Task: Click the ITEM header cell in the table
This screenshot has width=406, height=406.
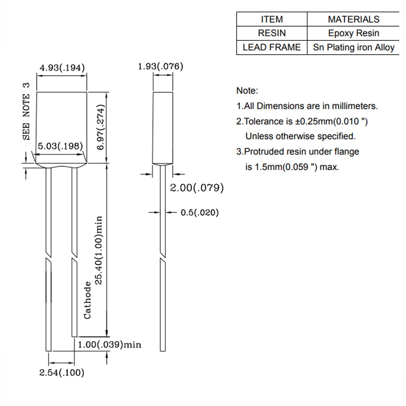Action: point(272,19)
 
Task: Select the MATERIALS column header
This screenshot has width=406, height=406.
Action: point(354,19)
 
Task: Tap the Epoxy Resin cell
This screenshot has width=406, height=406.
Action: point(354,33)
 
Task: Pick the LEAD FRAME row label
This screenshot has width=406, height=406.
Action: point(272,47)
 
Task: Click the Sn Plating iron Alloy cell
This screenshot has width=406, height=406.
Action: point(354,47)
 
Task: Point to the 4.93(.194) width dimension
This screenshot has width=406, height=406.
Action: point(62,68)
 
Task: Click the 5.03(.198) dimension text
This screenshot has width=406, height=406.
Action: point(60,146)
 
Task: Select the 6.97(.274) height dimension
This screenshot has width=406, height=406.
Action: point(101,127)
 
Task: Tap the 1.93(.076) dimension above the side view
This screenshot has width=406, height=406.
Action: point(160,66)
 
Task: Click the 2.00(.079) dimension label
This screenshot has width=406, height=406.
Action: point(197,188)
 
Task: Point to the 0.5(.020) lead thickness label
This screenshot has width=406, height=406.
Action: point(200,212)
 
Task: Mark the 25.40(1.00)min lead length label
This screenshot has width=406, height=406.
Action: point(98,250)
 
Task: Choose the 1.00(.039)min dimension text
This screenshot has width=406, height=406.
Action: point(109,345)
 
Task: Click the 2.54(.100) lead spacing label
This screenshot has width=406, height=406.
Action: point(62,373)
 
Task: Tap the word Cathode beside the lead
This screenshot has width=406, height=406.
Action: point(88,300)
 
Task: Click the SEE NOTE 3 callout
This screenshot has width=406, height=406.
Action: point(26,111)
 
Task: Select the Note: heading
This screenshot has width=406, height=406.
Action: point(247,91)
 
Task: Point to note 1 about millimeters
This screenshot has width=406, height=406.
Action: point(307,106)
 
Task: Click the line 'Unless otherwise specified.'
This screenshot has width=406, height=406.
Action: point(300,136)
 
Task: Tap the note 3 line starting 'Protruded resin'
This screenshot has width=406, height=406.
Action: point(298,152)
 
